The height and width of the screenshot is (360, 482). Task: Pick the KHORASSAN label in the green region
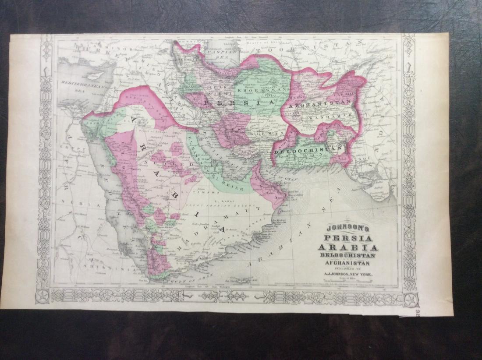257,90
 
